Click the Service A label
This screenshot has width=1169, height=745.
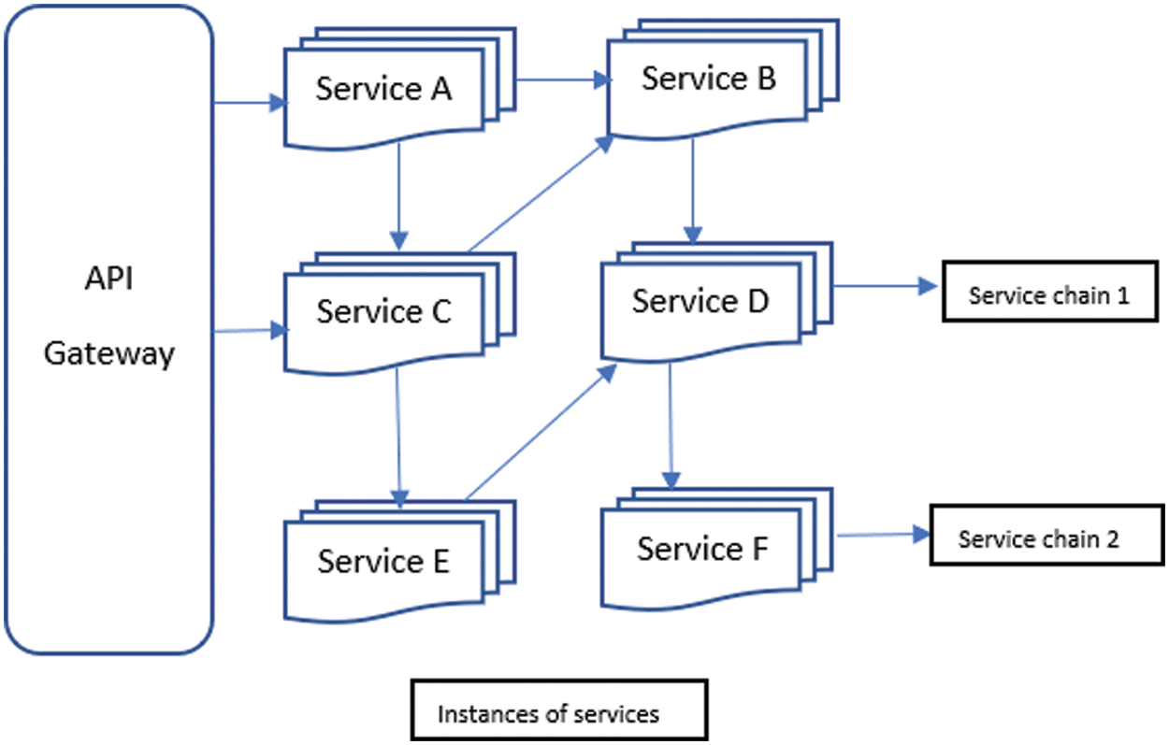[383, 90]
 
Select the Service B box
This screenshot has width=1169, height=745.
[708, 81]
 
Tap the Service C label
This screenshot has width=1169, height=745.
[383, 311]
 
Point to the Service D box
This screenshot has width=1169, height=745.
[700, 303]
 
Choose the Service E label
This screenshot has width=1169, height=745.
[383, 562]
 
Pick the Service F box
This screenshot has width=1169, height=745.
[701, 549]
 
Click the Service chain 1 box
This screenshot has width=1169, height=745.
[1048, 296]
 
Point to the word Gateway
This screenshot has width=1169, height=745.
[109, 354]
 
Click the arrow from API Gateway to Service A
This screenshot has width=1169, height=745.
[249, 103]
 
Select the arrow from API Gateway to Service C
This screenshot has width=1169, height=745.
[249, 330]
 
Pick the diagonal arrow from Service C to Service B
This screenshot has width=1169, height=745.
[540, 193]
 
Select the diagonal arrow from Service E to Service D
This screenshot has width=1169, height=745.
[541, 432]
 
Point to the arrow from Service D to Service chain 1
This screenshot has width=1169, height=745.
[885, 286]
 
